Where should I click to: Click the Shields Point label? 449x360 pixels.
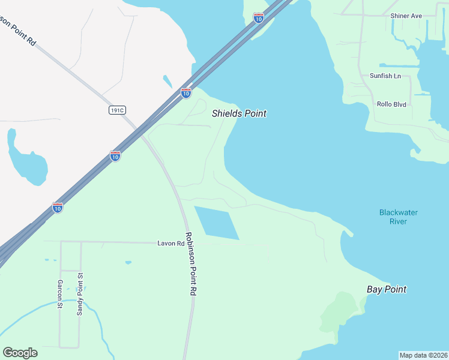(x=239, y=113)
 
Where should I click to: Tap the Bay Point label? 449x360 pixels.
(x=387, y=289)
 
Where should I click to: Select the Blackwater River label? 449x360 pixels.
(x=398, y=217)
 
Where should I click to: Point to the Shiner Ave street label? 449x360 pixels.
(x=406, y=16)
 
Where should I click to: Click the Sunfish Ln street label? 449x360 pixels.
(x=385, y=76)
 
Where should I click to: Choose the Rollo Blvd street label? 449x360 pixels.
(x=391, y=104)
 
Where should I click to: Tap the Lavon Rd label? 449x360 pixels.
(x=171, y=244)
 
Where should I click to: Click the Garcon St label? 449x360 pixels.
(x=60, y=294)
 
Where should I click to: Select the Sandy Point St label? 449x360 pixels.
(x=80, y=294)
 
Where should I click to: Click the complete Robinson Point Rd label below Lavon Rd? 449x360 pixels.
(x=191, y=263)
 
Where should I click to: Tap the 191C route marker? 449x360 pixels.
(x=118, y=110)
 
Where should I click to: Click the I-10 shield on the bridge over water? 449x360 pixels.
(x=258, y=19)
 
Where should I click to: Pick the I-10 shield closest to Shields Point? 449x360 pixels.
(x=186, y=93)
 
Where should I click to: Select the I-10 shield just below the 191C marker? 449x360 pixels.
(x=115, y=156)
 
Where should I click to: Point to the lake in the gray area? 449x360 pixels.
(x=27, y=163)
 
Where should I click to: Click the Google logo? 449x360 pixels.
(x=20, y=353)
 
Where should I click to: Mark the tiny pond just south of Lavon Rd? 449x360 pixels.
(x=128, y=262)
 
